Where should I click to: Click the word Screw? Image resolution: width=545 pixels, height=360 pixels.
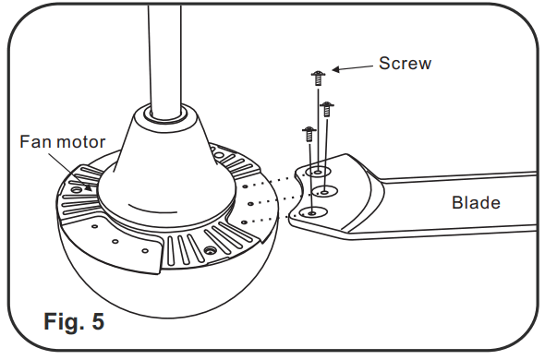(x=406, y=64)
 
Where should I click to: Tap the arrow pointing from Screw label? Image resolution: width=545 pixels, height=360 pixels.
(x=351, y=69)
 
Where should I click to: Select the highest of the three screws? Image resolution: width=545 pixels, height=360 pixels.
(x=318, y=78)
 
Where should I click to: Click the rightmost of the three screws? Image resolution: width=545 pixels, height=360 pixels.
(x=325, y=109)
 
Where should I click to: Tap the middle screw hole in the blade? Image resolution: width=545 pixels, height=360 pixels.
(x=326, y=191)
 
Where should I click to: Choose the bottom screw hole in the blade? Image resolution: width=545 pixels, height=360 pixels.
(x=310, y=211)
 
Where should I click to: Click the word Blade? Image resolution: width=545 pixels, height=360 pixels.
(x=475, y=202)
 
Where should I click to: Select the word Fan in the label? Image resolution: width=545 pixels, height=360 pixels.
(x=34, y=142)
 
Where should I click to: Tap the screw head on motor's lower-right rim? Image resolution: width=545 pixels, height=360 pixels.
(x=212, y=250)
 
